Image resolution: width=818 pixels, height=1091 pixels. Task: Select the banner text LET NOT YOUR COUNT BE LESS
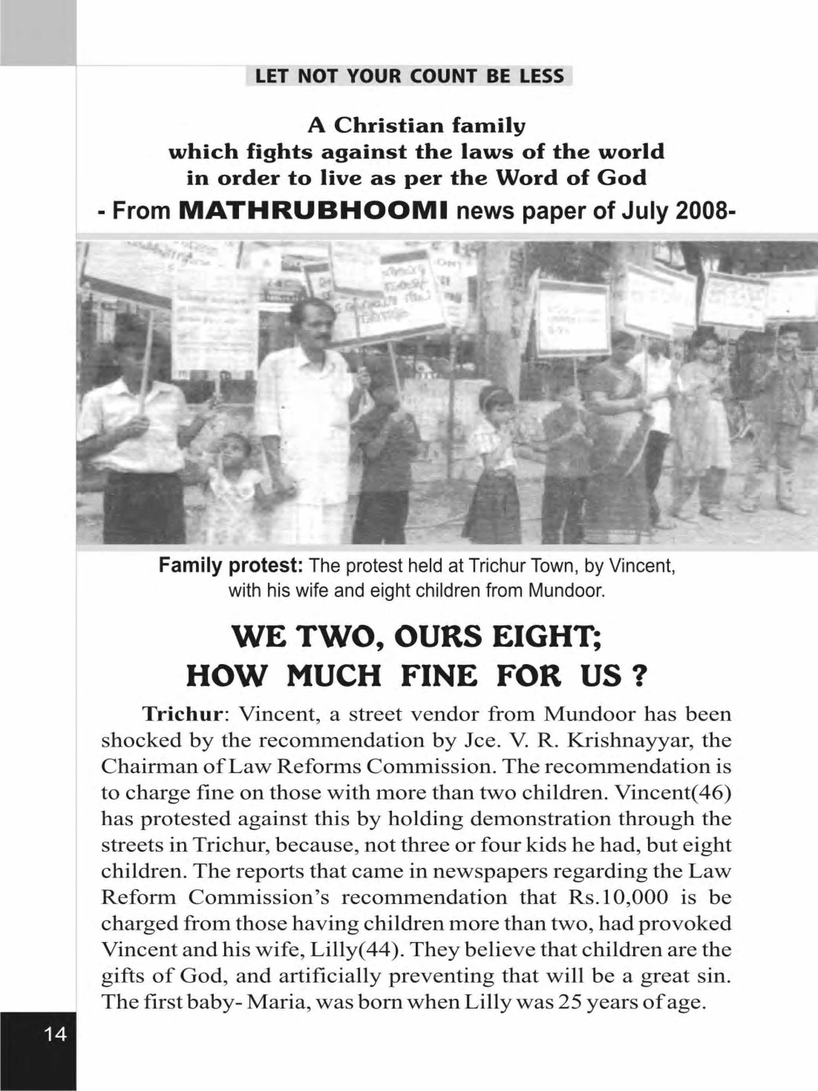coord(409,77)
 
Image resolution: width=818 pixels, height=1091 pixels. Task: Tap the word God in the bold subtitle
coord(623,178)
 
